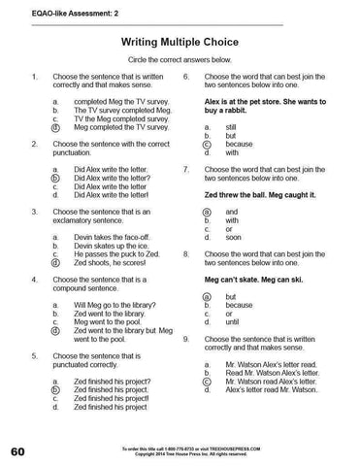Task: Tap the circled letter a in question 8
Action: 207,296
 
